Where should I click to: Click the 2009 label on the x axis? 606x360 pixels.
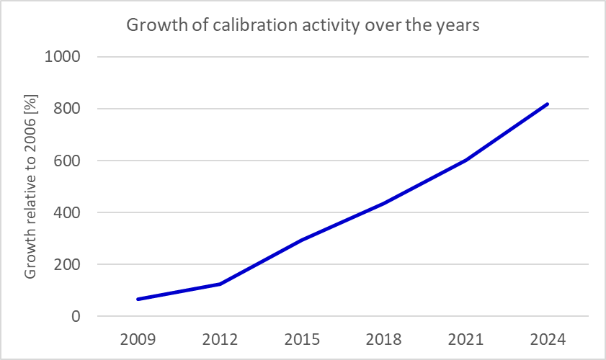[x=137, y=338]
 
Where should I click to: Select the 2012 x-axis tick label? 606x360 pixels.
[x=219, y=338]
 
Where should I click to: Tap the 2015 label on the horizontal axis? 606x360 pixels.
[x=301, y=338]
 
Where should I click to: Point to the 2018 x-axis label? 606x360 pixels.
[x=383, y=338]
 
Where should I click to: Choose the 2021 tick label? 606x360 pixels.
[x=465, y=338]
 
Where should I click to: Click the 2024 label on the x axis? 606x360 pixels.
[x=548, y=338]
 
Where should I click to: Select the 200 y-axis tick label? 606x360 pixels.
[x=68, y=264]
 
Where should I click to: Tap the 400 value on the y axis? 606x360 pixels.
[x=68, y=212]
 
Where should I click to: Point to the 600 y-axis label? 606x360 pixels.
[x=68, y=161]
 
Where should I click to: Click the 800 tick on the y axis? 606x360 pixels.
[x=68, y=109]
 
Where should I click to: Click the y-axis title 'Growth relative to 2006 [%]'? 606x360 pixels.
[x=30, y=186]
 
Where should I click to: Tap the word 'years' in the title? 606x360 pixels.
[x=458, y=26]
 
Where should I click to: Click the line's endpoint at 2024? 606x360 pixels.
[x=548, y=104]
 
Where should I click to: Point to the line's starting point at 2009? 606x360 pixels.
[x=137, y=299]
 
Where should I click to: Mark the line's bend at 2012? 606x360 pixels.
[x=219, y=284]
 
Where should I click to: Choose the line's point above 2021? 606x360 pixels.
[x=465, y=160]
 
